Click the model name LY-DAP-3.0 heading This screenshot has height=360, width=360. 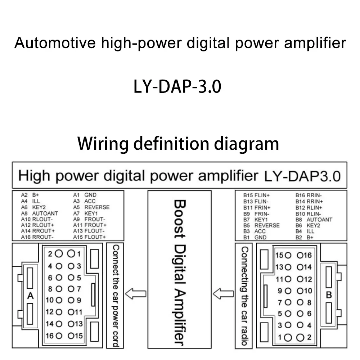(x=177, y=86)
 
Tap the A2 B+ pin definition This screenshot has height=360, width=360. (x=30, y=195)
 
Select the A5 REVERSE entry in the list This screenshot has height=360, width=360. (x=91, y=207)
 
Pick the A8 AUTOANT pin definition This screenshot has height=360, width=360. (x=40, y=213)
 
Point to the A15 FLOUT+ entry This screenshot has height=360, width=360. (x=90, y=237)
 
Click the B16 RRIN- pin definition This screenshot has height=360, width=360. (x=309, y=195)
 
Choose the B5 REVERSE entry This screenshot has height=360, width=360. (x=261, y=225)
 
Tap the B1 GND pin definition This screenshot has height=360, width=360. (x=255, y=237)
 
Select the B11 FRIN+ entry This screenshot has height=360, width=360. (x=257, y=208)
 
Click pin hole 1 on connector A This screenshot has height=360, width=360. (x=71, y=253)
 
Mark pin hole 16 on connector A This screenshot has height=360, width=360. (x=59, y=336)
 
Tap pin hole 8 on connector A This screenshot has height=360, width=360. (x=59, y=289)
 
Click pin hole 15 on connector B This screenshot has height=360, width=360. (x=288, y=255)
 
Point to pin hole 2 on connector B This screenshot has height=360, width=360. (x=300, y=338)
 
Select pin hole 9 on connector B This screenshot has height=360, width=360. (x=288, y=291)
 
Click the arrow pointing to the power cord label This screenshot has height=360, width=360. (x=136, y=294)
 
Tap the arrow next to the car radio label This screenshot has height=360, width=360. (x=224, y=294)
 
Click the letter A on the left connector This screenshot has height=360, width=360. (x=30, y=296)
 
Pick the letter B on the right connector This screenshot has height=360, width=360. (x=329, y=294)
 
